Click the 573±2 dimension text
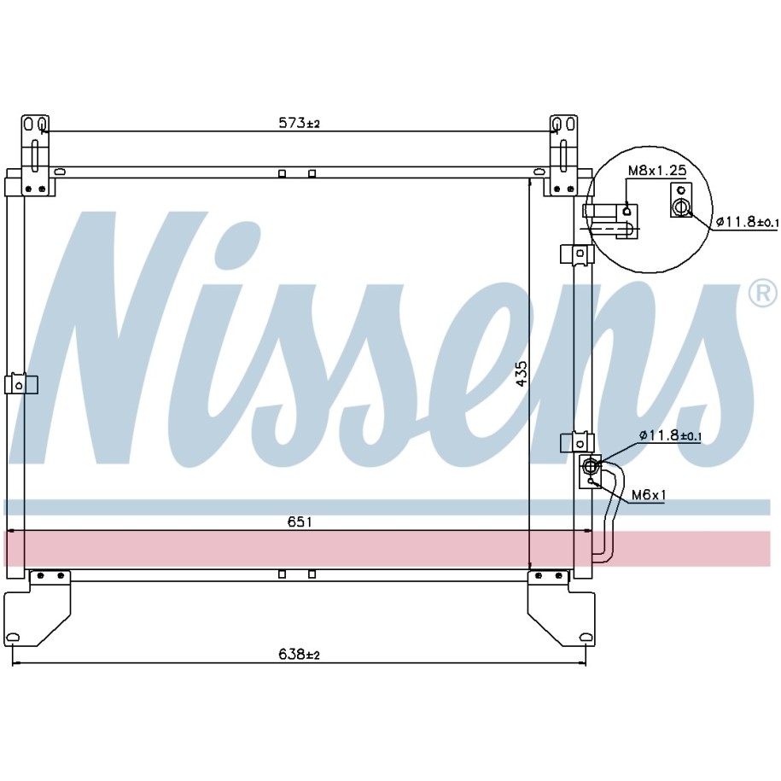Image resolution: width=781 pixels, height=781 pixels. click(299, 123)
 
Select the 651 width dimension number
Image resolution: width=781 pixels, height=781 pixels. click(300, 522)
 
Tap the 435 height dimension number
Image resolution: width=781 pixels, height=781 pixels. click(521, 374)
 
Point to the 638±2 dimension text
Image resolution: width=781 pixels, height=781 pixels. click(299, 654)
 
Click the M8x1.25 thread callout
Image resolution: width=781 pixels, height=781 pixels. click(657, 171)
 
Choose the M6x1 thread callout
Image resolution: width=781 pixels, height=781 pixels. click(649, 494)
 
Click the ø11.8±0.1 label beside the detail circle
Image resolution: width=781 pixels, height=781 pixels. click(747, 222)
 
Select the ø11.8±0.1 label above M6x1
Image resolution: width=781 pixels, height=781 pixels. click(670, 435)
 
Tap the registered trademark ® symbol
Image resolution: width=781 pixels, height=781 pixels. click(762, 294)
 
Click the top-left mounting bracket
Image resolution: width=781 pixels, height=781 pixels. click(35, 154)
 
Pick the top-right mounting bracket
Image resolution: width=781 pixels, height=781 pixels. click(564, 154)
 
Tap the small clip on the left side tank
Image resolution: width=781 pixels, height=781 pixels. click(20, 384)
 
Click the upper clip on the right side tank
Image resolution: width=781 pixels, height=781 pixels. click(577, 254)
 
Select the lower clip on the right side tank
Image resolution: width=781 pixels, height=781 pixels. click(577, 442)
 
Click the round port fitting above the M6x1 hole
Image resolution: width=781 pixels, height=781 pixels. click(592, 465)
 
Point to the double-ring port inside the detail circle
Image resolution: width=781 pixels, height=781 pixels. click(681, 207)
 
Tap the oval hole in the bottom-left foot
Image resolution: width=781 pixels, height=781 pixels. click(14, 637)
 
